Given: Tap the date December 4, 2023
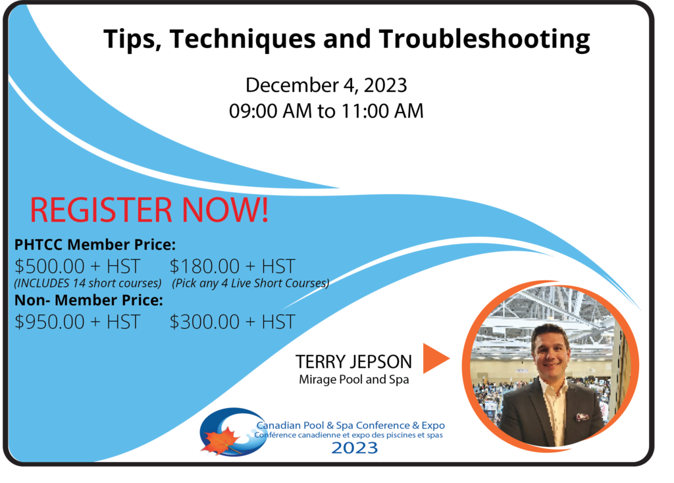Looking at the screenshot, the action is (x=326, y=86).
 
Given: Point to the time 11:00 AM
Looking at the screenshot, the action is (x=382, y=111).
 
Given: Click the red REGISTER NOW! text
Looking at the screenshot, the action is (x=149, y=210).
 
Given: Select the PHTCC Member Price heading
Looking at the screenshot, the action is (x=95, y=245).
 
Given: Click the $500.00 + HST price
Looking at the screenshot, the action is (x=78, y=267).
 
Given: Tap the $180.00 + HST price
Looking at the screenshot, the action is (x=232, y=267).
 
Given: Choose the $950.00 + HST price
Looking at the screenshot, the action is (x=78, y=322).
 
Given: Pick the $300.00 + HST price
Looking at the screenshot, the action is (x=232, y=322).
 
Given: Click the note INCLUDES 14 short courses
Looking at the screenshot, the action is (x=88, y=284).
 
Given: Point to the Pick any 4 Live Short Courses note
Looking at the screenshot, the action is (x=251, y=284).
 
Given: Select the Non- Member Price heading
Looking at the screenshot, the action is (x=89, y=300).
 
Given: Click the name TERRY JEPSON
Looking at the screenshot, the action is (x=353, y=362).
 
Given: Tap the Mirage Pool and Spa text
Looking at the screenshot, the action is (x=353, y=380).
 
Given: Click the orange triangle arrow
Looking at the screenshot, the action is (x=435, y=359).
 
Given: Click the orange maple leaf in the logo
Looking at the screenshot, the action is (x=220, y=441).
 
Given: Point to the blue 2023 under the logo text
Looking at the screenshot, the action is (x=355, y=448).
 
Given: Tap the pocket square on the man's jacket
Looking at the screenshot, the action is (x=582, y=417).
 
